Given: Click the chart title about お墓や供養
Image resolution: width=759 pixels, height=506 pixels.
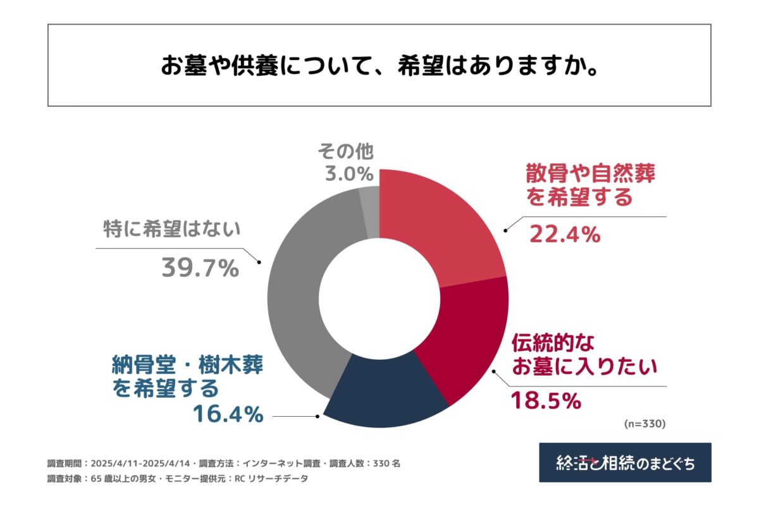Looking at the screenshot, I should pyautogui.click(x=379, y=66).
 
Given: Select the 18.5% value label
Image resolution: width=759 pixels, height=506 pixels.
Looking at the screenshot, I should pyautogui.click(x=545, y=400).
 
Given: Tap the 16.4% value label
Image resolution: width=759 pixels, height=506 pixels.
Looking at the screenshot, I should pyautogui.click(x=228, y=414).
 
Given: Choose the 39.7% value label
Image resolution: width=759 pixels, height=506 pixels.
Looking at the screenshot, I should pyautogui.click(x=200, y=268).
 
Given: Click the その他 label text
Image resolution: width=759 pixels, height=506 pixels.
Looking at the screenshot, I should pyautogui.click(x=346, y=151).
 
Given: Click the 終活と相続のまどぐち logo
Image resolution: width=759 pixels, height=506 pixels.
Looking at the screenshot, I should pyautogui.click(x=625, y=462).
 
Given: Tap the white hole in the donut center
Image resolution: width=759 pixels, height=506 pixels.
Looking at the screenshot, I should pyautogui.click(x=379, y=298).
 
